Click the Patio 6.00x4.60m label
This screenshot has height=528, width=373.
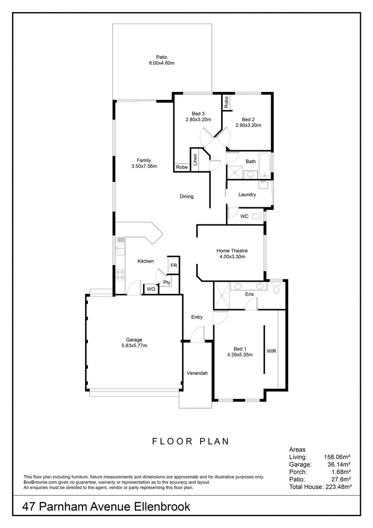pyautogui.click(x=162, y=60)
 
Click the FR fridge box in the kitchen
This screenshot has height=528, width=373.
pyautogui.click(x=173, y=266)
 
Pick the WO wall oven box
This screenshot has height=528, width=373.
pyautogui.click(x=151, y=289)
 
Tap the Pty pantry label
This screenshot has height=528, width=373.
pyautogui.click(x=166, y=282)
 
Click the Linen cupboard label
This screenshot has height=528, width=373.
pyautogui.click(x=195, y=160)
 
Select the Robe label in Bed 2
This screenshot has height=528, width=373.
pyautogui.click(x=227, y=102)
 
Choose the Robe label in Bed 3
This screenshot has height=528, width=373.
pyautogui.click(x=182, y=167)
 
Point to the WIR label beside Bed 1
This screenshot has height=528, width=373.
pyautogui.click(x=271, y=351)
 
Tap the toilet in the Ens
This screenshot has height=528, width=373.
pyautogui.click(x=276, y=289)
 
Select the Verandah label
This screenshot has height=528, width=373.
pyautogui.click(x=197, y=373)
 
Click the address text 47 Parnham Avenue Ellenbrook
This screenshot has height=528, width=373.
pyautogui.click(x=106, y=507)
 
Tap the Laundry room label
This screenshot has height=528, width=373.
pyautogui.click(x=247, y=195)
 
